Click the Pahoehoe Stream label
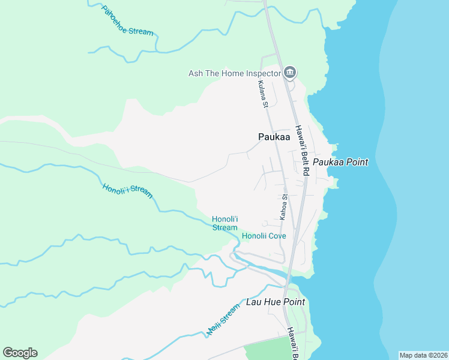127,21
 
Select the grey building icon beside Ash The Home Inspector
290,73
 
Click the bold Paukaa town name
274,137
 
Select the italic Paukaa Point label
340,162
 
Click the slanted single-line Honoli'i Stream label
127,191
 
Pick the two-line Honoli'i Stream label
225,223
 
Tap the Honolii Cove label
264,236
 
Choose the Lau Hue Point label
276,302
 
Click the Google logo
20,353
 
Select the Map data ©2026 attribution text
423,355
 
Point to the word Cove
277,236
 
